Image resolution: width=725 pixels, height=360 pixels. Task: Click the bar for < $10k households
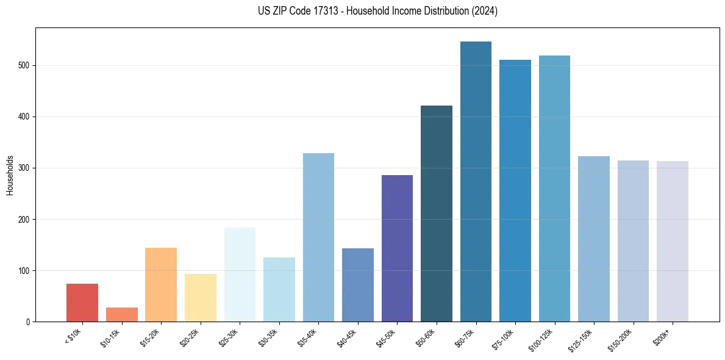(82, 303)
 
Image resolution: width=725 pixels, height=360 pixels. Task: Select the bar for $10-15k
(122, 314)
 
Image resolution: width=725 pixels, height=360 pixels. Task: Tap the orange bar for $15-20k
(161, 284)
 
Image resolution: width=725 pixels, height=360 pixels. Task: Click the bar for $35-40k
(318, 237)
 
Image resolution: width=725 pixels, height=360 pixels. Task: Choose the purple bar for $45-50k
(397, 248)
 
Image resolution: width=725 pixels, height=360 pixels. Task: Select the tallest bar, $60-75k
(476, 181)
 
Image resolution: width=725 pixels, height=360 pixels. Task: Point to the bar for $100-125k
(554, 189)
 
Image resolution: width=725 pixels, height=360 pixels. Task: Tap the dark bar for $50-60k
(437, 214)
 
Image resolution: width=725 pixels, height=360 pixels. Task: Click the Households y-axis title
(10, 175)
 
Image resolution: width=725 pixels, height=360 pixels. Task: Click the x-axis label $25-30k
(229, 337)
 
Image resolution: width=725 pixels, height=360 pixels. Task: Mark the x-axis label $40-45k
(347, 337)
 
